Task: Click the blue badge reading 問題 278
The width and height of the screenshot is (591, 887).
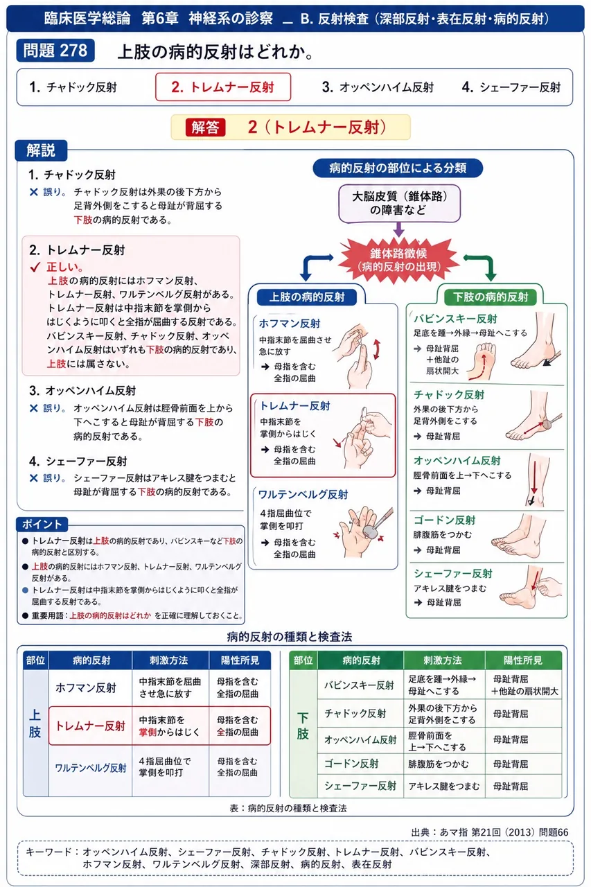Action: (55, 51)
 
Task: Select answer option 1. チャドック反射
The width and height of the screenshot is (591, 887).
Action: (73, 87)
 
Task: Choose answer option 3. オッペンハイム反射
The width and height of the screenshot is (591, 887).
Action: (378, 87)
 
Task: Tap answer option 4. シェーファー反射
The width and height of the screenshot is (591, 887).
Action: (511, 87)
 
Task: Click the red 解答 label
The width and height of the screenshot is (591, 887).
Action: (206, 128)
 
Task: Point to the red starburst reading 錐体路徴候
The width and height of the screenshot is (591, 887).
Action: (398, 260)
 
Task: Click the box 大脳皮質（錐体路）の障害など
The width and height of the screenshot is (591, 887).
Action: (399, 203)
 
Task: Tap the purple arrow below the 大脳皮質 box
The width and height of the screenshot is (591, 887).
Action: (399, 229)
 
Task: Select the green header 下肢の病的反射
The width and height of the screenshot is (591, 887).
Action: (490, 297)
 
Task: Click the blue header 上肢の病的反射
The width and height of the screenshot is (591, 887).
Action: (307, 297)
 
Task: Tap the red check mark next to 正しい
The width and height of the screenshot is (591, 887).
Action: (35, 267)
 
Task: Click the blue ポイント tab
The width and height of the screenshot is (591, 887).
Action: (42, 524)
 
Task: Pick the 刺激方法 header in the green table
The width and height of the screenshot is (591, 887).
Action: (443, 660)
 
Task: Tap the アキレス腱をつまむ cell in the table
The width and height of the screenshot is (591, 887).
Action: (444, 786)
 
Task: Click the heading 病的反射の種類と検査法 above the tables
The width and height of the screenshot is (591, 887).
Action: (290, 636)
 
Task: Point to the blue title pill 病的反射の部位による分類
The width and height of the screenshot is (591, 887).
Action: (398, 168)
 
